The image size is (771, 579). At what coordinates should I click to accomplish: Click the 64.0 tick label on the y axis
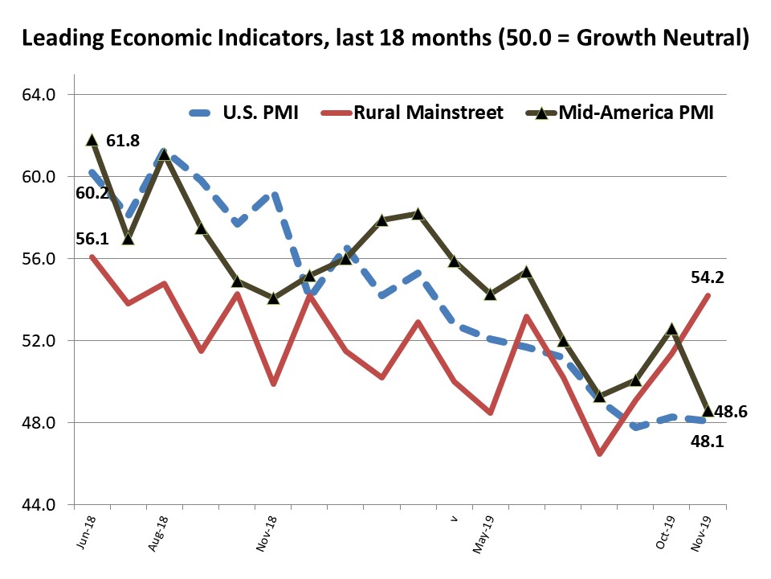point(39,95)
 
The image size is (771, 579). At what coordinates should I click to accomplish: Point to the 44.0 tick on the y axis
point(39,505)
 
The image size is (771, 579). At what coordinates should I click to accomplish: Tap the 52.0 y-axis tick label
point(39,341)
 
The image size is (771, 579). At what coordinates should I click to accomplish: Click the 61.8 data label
point(123,142)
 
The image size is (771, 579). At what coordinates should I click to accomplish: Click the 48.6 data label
point(732,411)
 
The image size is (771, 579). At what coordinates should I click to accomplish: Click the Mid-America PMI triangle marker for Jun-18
point(92,139)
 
